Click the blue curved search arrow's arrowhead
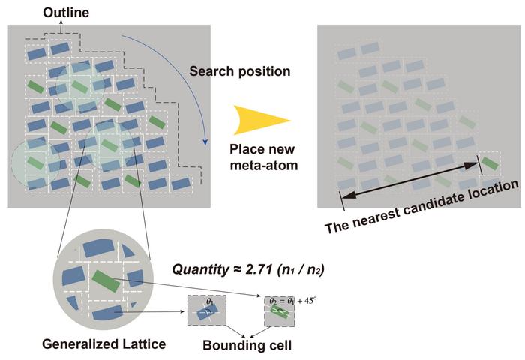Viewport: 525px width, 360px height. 205,138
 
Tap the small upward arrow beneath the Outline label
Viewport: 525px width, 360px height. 59,28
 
